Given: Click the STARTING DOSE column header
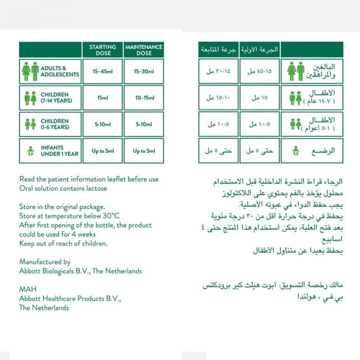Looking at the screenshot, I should (x=102, y=49).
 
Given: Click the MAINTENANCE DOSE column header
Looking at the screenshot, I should (x=143, y=49).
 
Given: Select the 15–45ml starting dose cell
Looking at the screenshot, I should (x=102, y=71).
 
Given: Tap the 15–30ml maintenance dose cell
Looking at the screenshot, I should (x=143, y=71).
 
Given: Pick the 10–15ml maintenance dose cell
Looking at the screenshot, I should (x=143, y=98).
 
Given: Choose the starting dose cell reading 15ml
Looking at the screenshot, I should (x=102, y=98).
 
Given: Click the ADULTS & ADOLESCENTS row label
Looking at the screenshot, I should (x=60, y=71).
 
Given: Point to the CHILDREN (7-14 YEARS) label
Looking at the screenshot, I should (x=57, y=98).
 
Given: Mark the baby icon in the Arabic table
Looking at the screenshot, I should (x=296, y=151).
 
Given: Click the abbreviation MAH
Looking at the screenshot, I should (x=28, y=290).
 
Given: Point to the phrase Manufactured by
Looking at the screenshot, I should (x=45, y=262).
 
